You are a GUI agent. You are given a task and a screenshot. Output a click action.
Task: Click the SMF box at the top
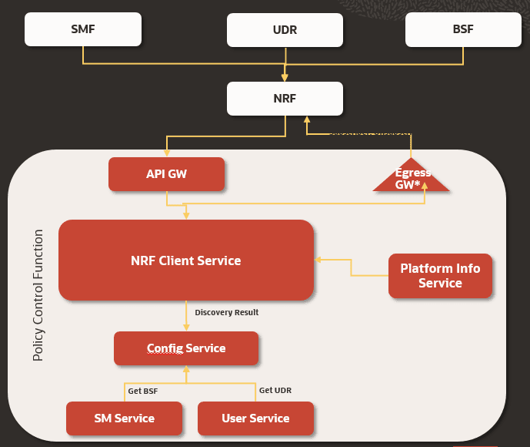(x=83, y=29)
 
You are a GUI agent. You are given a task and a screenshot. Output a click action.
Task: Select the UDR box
(x=285, y=30)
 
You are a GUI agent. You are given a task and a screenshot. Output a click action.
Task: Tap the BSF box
(x=463, y=29)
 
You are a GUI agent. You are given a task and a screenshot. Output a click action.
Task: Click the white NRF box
(x=285, y=99)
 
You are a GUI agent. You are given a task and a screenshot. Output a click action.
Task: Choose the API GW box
(x=166, y=174)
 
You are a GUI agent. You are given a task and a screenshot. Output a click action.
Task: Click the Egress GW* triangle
(x=412, y=176)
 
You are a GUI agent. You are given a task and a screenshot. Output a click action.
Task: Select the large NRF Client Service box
(x=185, y=260)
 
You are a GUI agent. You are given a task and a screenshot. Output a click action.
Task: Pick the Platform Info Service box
(x=440, y=276)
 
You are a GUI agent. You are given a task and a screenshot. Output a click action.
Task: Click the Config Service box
(x=186, y=348)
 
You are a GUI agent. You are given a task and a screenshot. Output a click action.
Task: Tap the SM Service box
(x=124, y=418)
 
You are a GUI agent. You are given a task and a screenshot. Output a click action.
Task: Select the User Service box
(x=255, y=418)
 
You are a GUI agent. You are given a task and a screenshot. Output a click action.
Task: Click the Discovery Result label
(x=226, y=312)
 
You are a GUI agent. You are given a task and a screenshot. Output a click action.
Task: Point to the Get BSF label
(x=143, y=391)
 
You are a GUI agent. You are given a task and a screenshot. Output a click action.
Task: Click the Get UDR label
(x=275, y=391)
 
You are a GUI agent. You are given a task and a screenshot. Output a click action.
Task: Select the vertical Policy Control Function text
(x=38, y=294)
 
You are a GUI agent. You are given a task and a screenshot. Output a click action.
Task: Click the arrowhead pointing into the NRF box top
(x=285, y=77)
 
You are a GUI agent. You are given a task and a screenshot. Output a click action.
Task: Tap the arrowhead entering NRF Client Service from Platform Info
(x=318, y=260)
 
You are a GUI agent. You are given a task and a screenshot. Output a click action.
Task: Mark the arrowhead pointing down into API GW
(x=167, y=153)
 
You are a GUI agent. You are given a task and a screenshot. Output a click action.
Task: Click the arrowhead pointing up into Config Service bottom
(x=186, y=369)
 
